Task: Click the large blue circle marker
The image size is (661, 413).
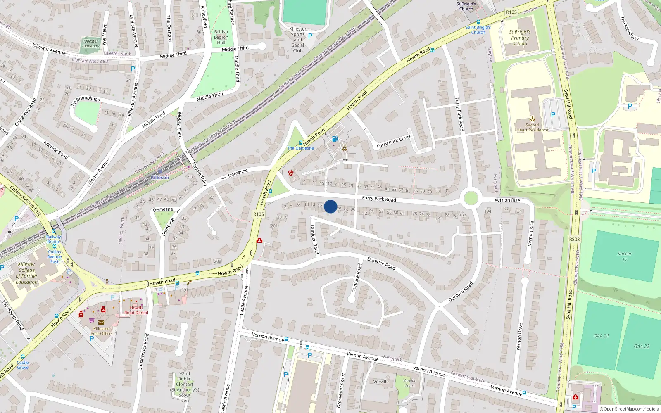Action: pos(330,206)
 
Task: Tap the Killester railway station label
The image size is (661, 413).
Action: pos(160,178)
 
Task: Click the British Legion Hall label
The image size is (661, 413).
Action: pos(221,37)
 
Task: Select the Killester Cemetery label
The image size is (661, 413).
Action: pos(90,43)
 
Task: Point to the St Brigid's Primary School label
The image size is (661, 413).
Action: pos(520,38)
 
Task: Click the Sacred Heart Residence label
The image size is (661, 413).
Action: pos(532,127)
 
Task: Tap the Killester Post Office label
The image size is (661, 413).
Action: pos(101,331)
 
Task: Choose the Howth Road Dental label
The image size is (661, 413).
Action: pos(136,310)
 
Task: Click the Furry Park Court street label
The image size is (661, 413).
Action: pos(394,142)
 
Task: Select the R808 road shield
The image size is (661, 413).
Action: pos(574,239)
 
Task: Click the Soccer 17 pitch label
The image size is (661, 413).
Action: pos(624,256)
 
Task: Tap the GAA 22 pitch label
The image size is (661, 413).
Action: pos(642,346)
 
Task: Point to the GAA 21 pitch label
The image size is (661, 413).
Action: pos(601,336)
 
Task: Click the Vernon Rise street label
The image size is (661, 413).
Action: pos(507,200)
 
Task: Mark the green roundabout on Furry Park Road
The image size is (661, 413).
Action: pos(471,198)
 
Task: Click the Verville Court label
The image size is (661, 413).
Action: pos(409,383)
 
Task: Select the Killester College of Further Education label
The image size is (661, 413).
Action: pos(27,273)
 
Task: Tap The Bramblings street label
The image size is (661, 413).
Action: pos(85,101)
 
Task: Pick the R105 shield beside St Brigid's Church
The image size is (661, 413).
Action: pos(511,12)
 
